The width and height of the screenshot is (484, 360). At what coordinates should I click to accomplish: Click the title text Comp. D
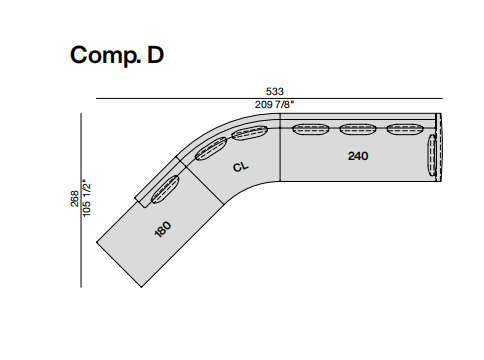click(x=117, y=55)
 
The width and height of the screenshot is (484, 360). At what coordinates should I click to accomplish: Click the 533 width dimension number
click(x=275, y=91)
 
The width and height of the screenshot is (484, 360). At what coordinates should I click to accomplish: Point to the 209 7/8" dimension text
click(x=275, y=105)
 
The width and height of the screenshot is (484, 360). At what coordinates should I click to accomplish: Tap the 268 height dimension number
click(x=75, y=199)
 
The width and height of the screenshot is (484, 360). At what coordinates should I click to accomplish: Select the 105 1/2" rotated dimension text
click(x=87, y=199)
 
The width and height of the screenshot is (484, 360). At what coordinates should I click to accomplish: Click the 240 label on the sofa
click(x=358, y=156)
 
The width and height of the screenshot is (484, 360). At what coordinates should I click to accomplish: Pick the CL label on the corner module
click(x=240, y=166)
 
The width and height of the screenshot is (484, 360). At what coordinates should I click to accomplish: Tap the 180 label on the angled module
click(x=163, y=229)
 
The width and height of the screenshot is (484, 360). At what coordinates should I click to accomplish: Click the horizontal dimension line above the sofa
click(x=269, y=99)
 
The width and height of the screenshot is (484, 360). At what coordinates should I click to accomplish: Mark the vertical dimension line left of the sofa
click(x=81, y=200)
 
